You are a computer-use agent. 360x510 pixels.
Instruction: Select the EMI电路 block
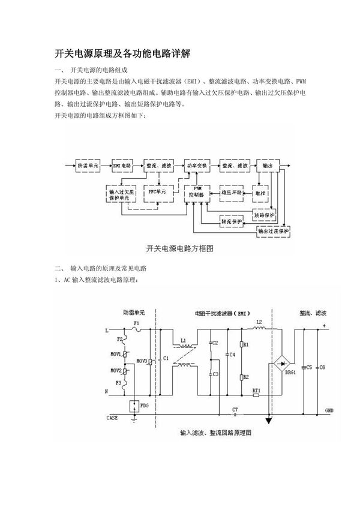point(123,164)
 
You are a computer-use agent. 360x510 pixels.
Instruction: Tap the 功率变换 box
point(195,164)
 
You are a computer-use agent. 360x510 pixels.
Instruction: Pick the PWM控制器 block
point(197,192)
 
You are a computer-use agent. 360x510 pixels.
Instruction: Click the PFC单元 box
point(159,192)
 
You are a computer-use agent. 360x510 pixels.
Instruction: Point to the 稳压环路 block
point(231,192)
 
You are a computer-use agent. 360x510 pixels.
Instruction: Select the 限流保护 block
point(231,221)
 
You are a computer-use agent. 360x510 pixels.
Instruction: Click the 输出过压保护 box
point(273,230)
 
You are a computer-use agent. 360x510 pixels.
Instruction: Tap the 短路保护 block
point(264,214)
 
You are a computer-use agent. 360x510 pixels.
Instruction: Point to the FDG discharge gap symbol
point(135,406)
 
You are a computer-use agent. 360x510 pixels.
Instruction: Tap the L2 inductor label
point(259,322)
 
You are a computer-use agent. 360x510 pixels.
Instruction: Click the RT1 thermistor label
point(256,391)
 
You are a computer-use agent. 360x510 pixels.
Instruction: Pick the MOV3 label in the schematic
point(142,361)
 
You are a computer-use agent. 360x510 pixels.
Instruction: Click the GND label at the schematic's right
point(329,410)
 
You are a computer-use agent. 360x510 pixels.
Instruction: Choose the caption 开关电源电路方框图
point(180,247)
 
